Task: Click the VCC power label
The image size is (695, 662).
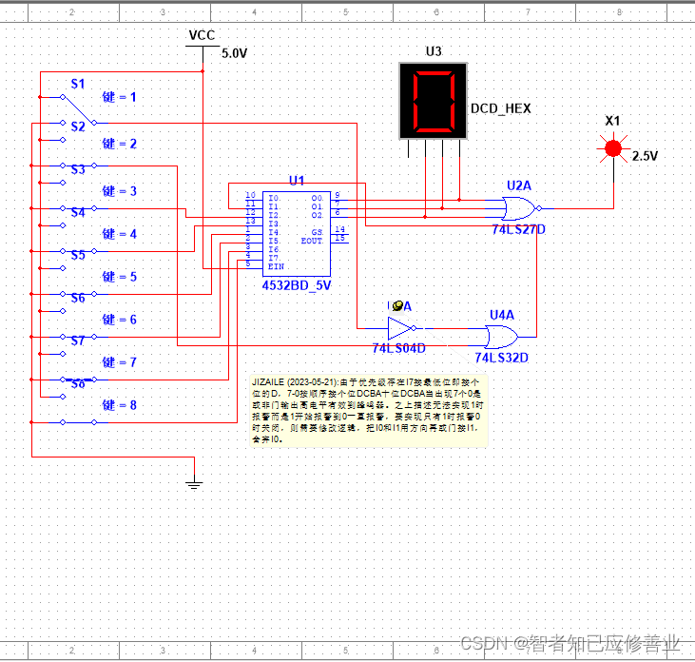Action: click(202, 35)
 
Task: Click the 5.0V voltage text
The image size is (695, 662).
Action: click(234, 54)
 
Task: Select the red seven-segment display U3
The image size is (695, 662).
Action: click(433, 100)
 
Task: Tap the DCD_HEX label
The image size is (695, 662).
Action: click(500, 108)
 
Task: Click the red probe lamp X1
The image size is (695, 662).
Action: click(613, 147)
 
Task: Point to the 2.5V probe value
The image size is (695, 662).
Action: click(645, 155)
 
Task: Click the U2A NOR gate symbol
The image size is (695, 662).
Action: click(519, 207)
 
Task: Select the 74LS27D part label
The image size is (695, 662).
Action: click(519, 230)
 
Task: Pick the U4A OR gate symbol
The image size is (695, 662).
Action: click(501, 336)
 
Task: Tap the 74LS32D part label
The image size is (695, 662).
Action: click(501, 358)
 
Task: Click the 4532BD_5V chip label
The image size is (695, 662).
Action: click(297, 284)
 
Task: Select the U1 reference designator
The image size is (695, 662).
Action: click(297, 180)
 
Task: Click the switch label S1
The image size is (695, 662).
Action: click(78, 84)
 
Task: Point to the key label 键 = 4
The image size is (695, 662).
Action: click(120, 234)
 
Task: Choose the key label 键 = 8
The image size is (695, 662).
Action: click(120, 405)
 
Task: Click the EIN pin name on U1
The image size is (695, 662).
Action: click(277, 266)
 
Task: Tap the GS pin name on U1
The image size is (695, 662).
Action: click(318, 232)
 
